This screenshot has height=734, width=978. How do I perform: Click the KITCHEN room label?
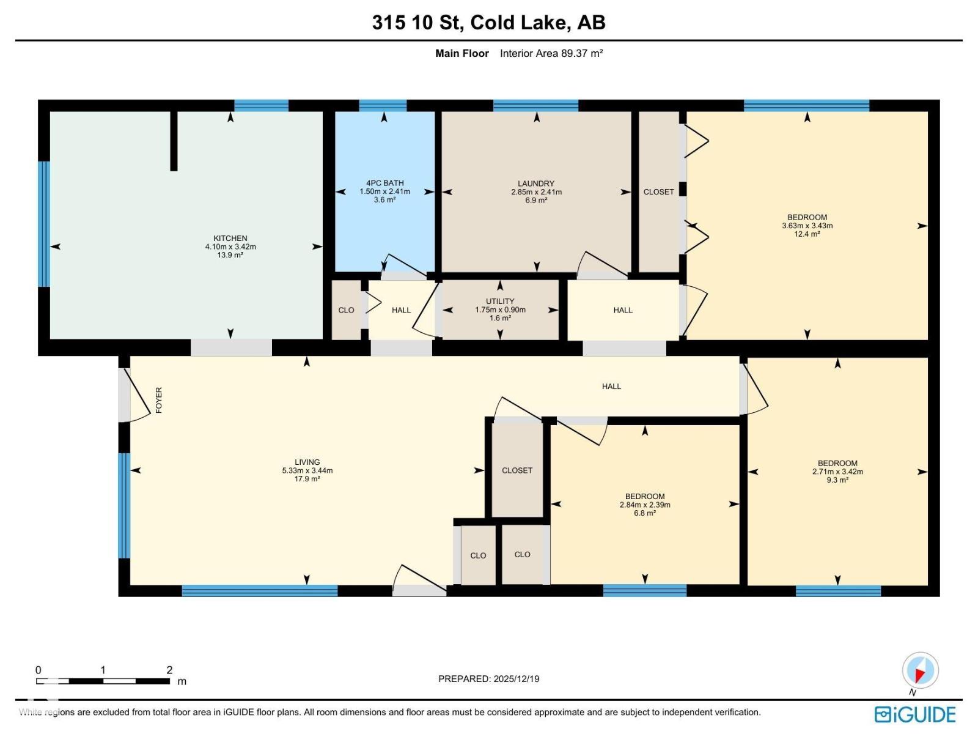pyautogui.click(x=230, y=239)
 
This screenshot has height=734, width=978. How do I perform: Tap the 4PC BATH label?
pyautogui.click(x=384, y=183)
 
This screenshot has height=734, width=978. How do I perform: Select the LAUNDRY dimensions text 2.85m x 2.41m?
pyautogui.click(x=536, y=192)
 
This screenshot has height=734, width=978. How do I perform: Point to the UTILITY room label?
pyautogui.click(x=500, y=302)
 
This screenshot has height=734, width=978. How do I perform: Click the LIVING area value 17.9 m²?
pyautogui.click(x=307, y=479)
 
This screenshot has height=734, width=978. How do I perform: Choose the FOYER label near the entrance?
pyautogui.click(x=159, y=400)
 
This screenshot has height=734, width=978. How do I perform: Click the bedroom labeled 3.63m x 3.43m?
pyautogui.click(x=807, y=225)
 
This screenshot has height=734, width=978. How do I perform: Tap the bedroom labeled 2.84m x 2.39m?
pyautogui.click(x=645, y=505)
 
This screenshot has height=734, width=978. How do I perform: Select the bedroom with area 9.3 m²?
pyautogui.click(x=837, y=480)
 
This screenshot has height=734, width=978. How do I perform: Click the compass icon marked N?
pyautogui.click(x=920, y=671)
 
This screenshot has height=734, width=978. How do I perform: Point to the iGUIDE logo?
pyautogui.click(x=915, y=714)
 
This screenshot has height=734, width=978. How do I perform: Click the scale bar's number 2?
pyautogui.click(x=169, y=670)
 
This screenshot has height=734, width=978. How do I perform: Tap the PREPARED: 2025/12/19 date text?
pyautogui.click(x=488, y=679)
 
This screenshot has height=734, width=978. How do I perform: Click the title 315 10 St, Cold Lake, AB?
pyautogui.click(x=488, y=23)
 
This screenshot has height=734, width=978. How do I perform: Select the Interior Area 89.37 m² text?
pyautogui.click(x=551, y=53)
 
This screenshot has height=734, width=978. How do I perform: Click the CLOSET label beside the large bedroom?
pyautogui.click(x=658, y=192)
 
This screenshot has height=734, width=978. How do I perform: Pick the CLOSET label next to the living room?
pyautogui.click(x=517, y=470)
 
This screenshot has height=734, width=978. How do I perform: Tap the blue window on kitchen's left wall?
pyautogui.click(x=43, y=224)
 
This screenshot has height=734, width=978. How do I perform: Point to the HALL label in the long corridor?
pyautogui.click(x=611, y=387)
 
